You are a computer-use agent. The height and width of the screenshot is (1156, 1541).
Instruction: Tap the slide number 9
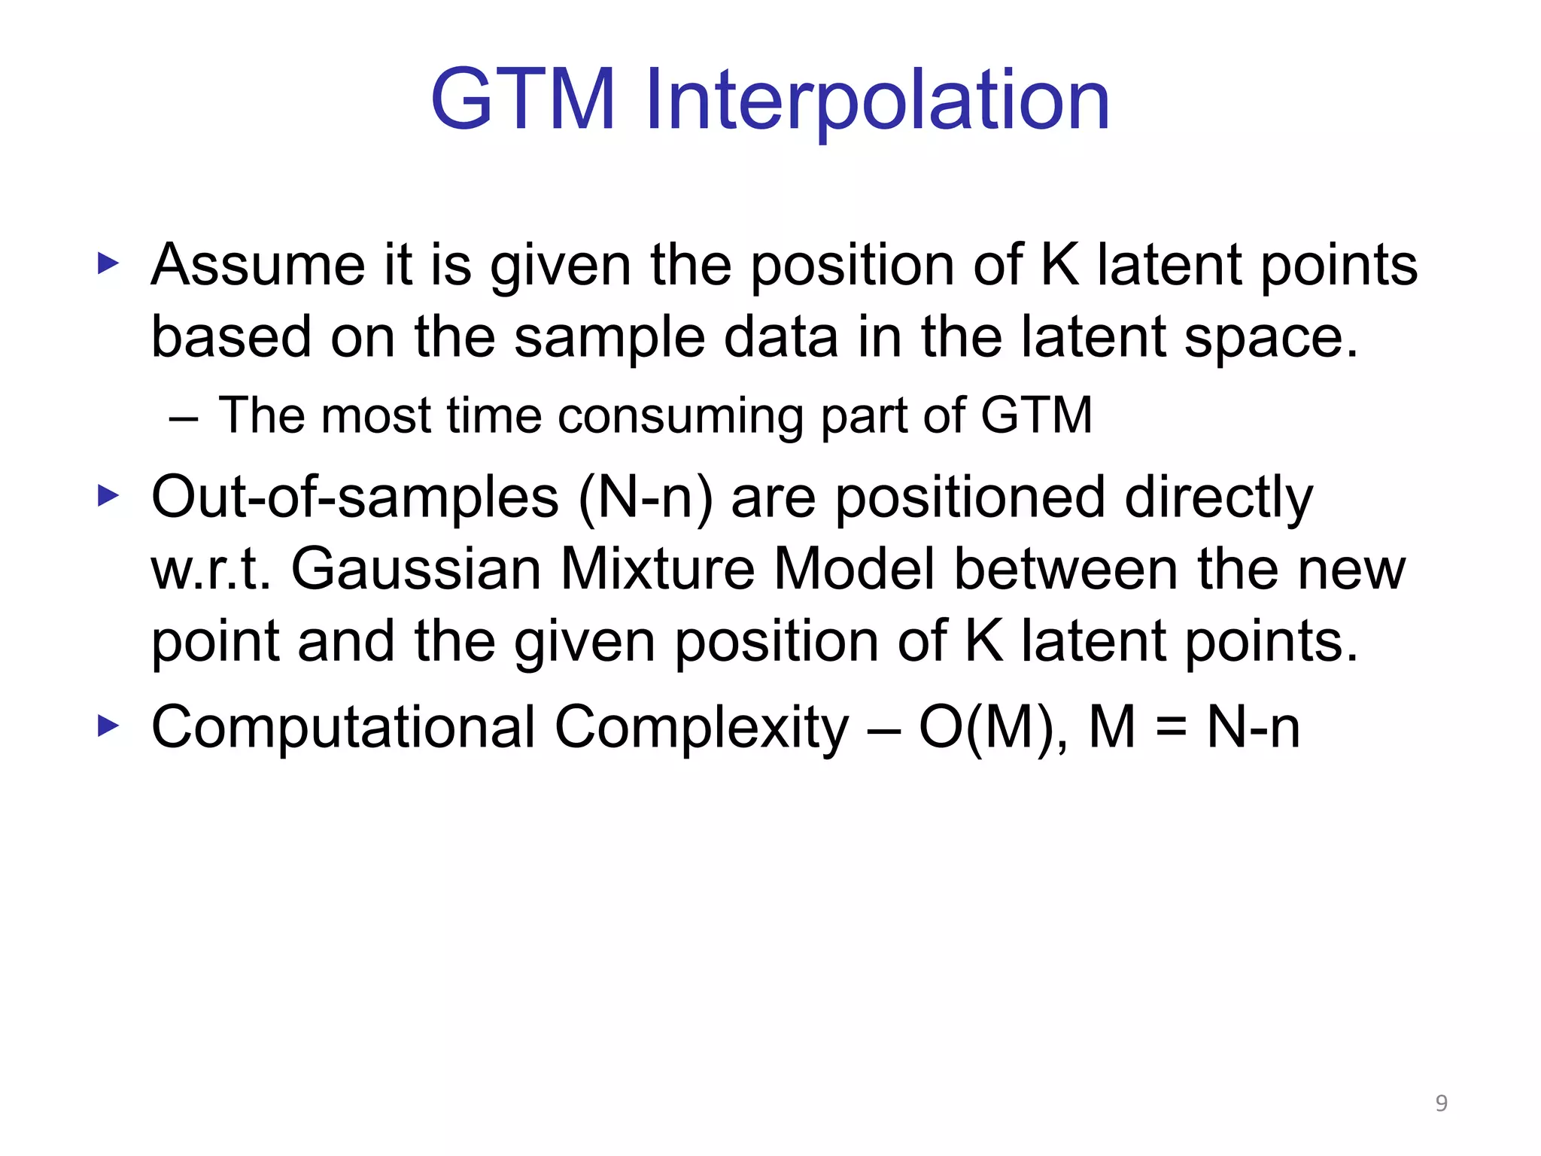click(x=1441, y=1103)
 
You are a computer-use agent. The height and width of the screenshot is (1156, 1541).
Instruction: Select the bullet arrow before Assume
click(x=109, y=264)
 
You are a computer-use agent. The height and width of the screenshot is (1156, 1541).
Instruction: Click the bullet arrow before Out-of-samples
click(x=109, y=496)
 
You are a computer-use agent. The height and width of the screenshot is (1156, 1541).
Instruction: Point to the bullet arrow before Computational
click(x=109, y=726)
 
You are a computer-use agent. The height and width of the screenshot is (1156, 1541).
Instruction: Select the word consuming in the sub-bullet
click(x=680, y=416)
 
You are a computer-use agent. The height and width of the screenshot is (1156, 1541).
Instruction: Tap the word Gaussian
click(x=416, y=569)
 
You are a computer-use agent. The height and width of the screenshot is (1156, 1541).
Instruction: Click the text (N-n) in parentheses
click(x=646, y=498)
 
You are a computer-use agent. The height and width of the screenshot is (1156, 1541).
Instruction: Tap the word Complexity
click(x=701, y=728)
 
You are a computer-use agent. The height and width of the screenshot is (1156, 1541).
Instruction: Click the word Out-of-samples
click(x=354, y=498)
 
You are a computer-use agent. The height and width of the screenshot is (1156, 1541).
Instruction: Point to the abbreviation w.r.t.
click(x=210, y=570)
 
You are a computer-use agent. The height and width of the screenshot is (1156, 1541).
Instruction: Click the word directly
click(x=1218, y=498)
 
